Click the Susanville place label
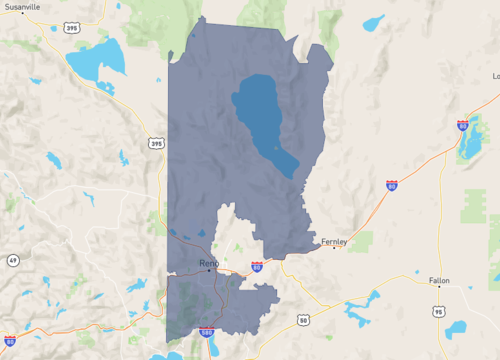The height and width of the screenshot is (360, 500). click(x=22, y=7)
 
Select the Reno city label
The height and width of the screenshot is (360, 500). click(x=209, y=263)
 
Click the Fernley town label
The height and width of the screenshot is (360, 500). click(x=333, y=241)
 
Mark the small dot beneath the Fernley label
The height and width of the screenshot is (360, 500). click(x=334, y=248)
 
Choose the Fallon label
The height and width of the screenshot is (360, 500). click(x=440, y=280)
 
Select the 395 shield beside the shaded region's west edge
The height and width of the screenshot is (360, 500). click(x=156, y=144)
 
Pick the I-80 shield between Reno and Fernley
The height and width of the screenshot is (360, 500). click(x=257, y=267)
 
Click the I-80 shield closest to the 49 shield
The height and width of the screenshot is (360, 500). click(x=9, y=341)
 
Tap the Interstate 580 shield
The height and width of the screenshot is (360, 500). click(x=206, y=332)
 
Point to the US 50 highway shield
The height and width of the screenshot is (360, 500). click(x=303, y=320)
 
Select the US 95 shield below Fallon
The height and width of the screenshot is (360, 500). click(x=439, y=312)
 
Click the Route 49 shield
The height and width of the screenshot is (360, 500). click(x=13, y=260)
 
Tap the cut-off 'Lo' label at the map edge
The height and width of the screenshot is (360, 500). click(x=495, y=76)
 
